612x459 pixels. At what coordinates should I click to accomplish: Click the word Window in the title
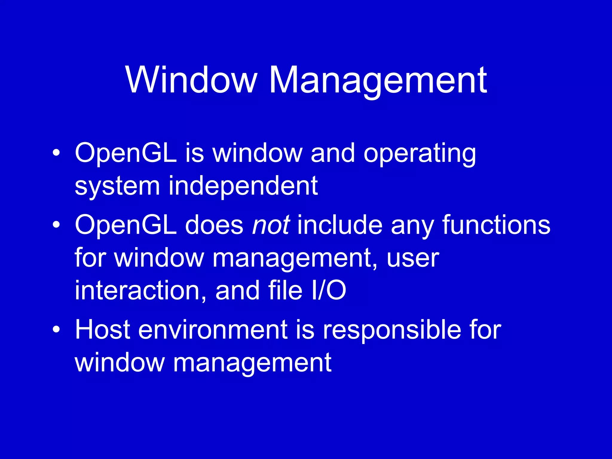point(191,80)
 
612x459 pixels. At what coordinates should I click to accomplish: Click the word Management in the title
point(378,81)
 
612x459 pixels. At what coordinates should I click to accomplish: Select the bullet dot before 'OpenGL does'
point(56,225)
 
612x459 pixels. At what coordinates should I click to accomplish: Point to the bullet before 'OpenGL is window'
point(56,153)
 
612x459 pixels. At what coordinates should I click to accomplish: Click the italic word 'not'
point(271,225)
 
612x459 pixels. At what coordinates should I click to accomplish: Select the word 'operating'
point(420,154)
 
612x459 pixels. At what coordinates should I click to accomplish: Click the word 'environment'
point(213,330)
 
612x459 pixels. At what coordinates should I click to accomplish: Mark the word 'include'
point(340,225)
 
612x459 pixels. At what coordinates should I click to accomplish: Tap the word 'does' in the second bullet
point(214,225)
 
